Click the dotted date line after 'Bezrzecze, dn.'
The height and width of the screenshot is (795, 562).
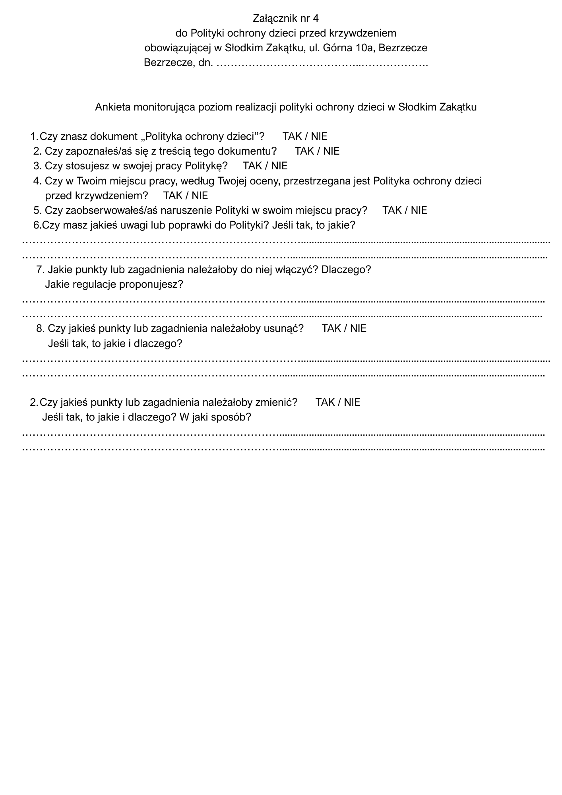pyautogui.click(x=322, y=63)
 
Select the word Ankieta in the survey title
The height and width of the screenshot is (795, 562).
pyautogui.click(x=112, y=107)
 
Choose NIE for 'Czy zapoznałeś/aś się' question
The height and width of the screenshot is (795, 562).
pyautogui.click(x=331, y=151)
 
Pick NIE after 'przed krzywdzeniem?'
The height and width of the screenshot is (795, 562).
pyautogui.click(x=200, y=196)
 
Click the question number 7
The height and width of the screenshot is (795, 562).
pyautogui.click(x=40, y=270)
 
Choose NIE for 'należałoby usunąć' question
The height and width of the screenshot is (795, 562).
pyautogui.click(x=358, y=328)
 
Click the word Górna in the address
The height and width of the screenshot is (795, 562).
pyautogui.click(x=339, y=48)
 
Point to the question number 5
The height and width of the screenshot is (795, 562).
pyautogui.click(x=37, y=210)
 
